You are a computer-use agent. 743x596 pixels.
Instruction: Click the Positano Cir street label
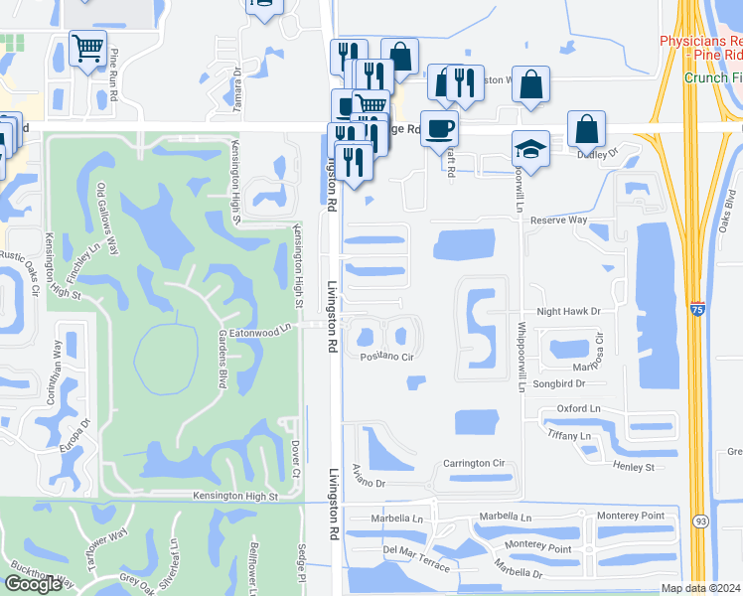386,356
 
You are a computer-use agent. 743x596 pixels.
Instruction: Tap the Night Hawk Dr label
569,311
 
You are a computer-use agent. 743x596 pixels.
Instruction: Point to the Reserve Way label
559,220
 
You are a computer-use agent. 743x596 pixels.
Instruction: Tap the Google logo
33,584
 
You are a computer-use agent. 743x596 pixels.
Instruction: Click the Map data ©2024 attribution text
700,588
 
